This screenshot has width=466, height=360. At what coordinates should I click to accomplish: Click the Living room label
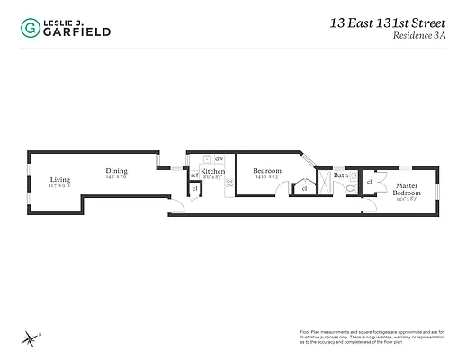(x=60, y=180)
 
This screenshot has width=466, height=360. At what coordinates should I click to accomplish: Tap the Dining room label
(x=116, y=171)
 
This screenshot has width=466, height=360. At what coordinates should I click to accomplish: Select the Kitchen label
(x=212, y=171)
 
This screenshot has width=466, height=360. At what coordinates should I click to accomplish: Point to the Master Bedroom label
(x=406, y=190)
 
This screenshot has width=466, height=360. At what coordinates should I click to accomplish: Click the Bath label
(x=340, y=175)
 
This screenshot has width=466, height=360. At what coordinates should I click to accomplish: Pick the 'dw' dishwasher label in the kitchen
(x=218, y=159)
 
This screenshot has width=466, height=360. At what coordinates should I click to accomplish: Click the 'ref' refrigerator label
(x=193, y=175)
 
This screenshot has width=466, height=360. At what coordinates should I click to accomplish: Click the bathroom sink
(x=353, y=175)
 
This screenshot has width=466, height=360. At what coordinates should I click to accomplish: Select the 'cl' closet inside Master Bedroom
(x=370, y=183)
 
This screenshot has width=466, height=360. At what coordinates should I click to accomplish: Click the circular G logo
(x=31, y=27)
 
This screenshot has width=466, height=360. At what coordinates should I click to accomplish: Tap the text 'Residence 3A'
(x=417, y=38)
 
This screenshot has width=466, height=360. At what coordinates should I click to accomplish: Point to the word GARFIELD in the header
(x=77, y=31)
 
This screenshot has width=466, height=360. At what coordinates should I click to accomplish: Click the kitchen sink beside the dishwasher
(x=205, y=159)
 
